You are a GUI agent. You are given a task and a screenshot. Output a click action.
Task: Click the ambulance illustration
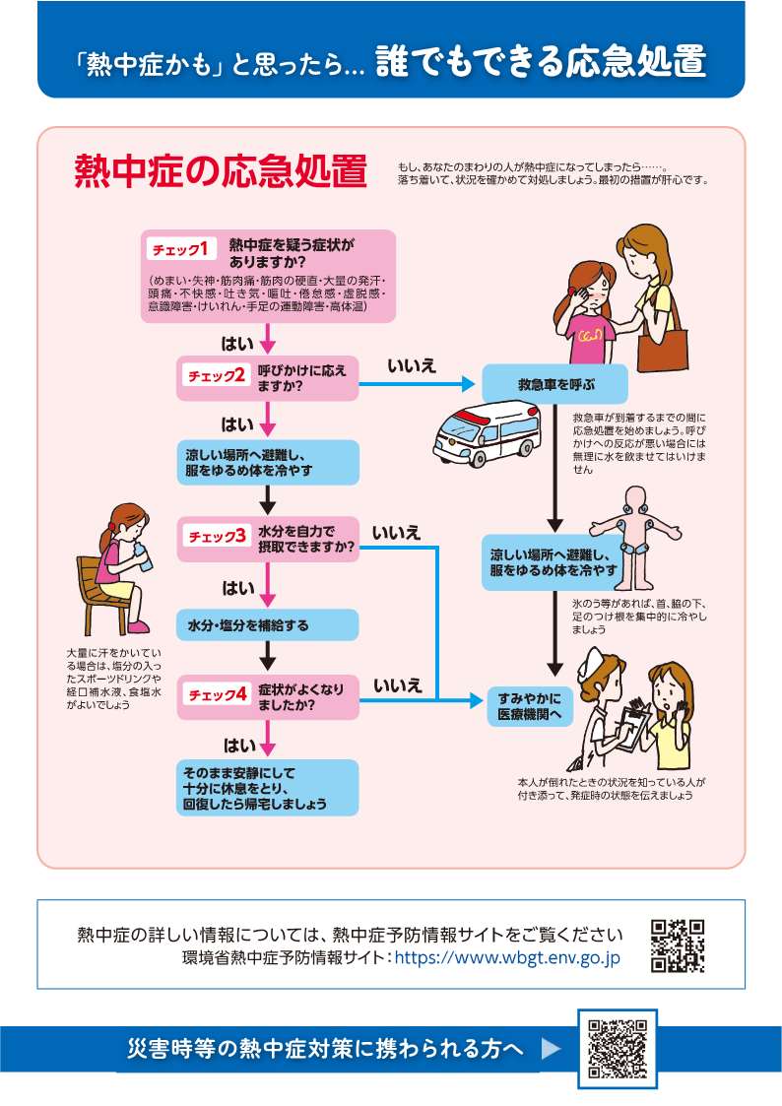[486, 433]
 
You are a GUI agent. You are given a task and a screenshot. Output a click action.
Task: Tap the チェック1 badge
[181, 249]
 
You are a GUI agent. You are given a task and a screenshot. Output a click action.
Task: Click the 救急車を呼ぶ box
[554, 384]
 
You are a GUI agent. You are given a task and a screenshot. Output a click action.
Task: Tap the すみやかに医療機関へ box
[530, 706]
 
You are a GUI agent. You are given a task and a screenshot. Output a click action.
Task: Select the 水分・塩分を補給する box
[267, 625]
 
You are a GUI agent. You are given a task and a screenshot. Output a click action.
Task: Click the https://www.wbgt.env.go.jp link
[507, 957]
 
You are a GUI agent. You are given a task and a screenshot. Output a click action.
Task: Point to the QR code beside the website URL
[677, 945]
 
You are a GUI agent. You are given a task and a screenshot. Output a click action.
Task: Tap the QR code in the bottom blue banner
[618, 1048]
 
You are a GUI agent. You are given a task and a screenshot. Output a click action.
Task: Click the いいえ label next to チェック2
[412, 365]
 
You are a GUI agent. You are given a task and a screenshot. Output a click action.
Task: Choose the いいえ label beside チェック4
[398, 684]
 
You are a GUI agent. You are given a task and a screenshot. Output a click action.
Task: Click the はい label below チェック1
[237, 344]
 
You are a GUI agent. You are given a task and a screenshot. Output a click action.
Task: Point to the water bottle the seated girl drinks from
[143, 556]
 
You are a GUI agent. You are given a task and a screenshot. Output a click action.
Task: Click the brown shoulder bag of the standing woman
[662, 342]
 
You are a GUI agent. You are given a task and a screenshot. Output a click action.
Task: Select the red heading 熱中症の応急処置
[221, 171]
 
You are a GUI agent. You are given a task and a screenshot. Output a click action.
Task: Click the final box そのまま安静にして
[267, 788]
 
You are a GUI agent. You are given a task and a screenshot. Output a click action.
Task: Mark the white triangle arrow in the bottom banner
[551, 1048]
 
